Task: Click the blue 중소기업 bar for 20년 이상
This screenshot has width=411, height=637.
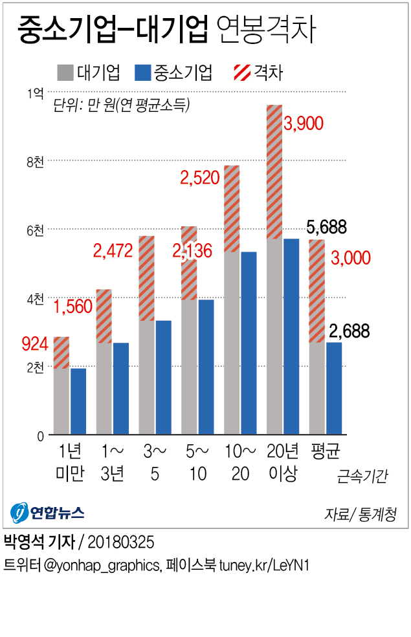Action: click(x=291, y=336)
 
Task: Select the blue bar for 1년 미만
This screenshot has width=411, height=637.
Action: click(x=78, y=401)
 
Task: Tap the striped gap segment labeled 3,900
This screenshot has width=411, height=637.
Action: click(x=274, y=172)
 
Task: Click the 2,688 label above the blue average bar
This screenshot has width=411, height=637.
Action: click(x=349, y=332)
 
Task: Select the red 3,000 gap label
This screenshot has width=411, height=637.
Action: click(x=350, y=257)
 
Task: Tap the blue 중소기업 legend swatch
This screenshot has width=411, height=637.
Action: click(x=142, y=72)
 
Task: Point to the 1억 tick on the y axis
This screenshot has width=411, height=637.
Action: click(x=36, y=93)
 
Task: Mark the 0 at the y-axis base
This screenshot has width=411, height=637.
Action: click(x=40, y=436)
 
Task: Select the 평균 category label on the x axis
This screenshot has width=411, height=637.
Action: click(x=326, y=451)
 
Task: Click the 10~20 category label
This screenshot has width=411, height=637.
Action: click(x=240, y=462)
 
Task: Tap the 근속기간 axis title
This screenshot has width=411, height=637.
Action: click(x=362, y=477)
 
